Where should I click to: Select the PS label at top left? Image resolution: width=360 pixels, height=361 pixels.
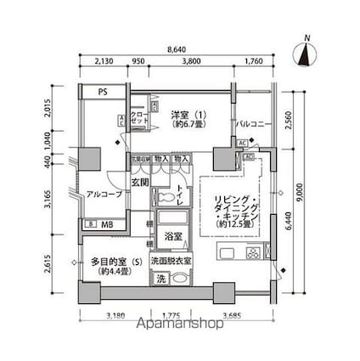102,91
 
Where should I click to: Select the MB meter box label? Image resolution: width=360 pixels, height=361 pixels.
106,224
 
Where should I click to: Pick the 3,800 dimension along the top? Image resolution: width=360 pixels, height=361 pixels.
191,62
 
